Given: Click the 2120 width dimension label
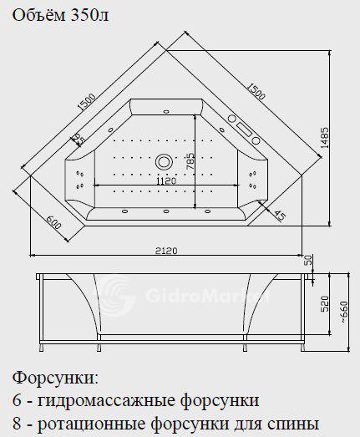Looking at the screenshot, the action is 166,251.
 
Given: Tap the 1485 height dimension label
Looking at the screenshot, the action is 324,138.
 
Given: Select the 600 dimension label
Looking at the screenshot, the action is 53,222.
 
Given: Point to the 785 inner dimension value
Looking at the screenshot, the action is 190,161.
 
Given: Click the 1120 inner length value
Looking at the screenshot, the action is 166,180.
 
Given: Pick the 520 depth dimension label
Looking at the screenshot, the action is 325,304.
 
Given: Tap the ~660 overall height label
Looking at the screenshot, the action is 344,312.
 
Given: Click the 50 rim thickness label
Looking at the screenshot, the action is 308,260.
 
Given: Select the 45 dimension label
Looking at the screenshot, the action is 280,215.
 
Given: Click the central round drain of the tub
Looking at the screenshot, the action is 164,161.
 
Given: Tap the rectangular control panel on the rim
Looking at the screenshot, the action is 244,130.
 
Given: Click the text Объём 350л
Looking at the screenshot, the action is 60,16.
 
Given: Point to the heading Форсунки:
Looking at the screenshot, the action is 56,379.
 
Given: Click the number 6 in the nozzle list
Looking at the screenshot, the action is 17,400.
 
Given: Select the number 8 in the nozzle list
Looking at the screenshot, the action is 17,424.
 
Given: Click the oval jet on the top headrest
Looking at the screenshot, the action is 166,111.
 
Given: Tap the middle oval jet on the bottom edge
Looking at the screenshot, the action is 166,211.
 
